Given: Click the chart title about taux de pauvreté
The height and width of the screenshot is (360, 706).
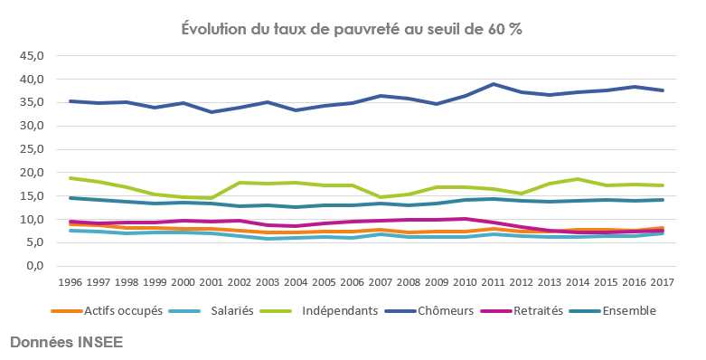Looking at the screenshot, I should (353, 28).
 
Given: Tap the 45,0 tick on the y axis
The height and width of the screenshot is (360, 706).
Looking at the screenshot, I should (31, 55).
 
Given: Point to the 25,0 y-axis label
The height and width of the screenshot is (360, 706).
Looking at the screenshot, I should (31, 149).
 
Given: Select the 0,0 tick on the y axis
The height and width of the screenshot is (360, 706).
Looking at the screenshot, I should (34, 266).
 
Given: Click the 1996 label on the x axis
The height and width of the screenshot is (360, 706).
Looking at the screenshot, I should (70, 282).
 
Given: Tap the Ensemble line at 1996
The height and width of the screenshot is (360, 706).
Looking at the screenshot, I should (70, 198).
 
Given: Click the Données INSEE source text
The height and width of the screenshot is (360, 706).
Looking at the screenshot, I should (66, 343).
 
